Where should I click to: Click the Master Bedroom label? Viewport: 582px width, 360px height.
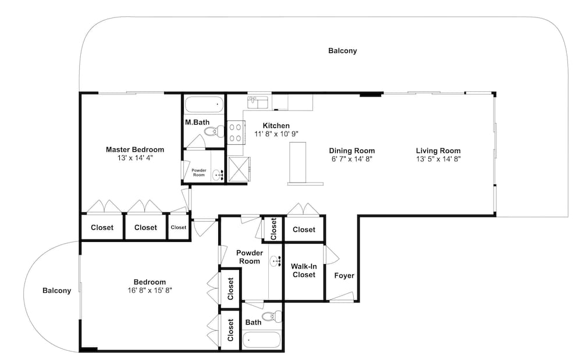(135, 150)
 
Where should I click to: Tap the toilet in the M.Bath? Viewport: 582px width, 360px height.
(215, 131)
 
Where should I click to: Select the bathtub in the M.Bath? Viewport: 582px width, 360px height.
(204, 105)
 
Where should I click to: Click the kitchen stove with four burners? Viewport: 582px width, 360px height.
(236, 133)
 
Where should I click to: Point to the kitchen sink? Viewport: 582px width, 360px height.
(258, 102)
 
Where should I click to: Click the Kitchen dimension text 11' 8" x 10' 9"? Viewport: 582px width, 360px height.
(276, 134)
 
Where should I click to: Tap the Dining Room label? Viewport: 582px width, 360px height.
(352, 151)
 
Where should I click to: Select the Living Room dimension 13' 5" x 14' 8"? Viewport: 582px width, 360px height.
(438, 159)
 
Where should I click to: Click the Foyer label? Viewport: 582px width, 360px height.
(344, 276)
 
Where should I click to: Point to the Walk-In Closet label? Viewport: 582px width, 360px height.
(304, 270)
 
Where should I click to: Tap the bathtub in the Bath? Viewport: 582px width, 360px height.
(262, 340)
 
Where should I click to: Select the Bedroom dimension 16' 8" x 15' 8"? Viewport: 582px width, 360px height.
(150, 290)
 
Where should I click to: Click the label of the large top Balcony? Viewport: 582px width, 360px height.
(343, 51)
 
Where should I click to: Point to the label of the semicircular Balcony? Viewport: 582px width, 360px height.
(57, 291)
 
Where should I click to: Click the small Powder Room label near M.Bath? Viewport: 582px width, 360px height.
(199, 173)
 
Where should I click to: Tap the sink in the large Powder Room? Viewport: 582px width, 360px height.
(275, 261)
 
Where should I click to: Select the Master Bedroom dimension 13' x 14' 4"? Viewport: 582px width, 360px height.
(135, 158)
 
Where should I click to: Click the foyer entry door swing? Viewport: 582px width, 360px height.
(342, 297)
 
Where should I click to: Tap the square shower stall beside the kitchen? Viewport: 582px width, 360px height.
(239, 169)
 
